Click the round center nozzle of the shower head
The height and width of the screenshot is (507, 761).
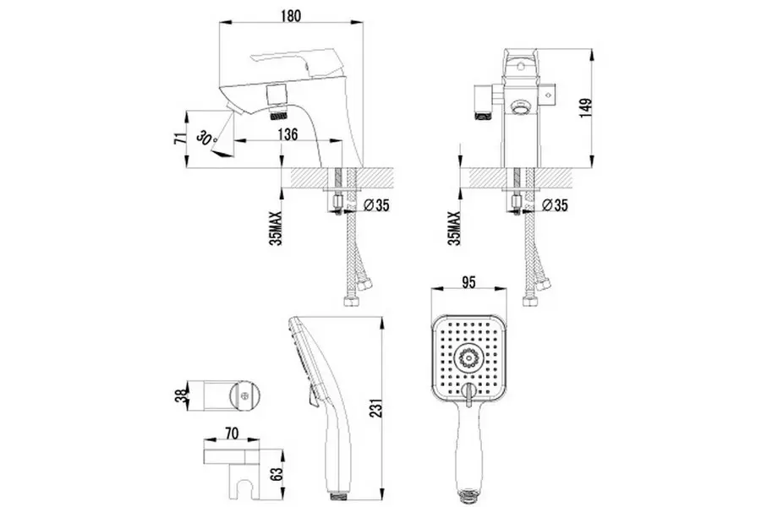[x=467, y=358]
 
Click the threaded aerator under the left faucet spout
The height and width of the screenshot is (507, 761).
[x=277, y=112]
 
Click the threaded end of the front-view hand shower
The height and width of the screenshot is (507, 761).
[x=467, y=490]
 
